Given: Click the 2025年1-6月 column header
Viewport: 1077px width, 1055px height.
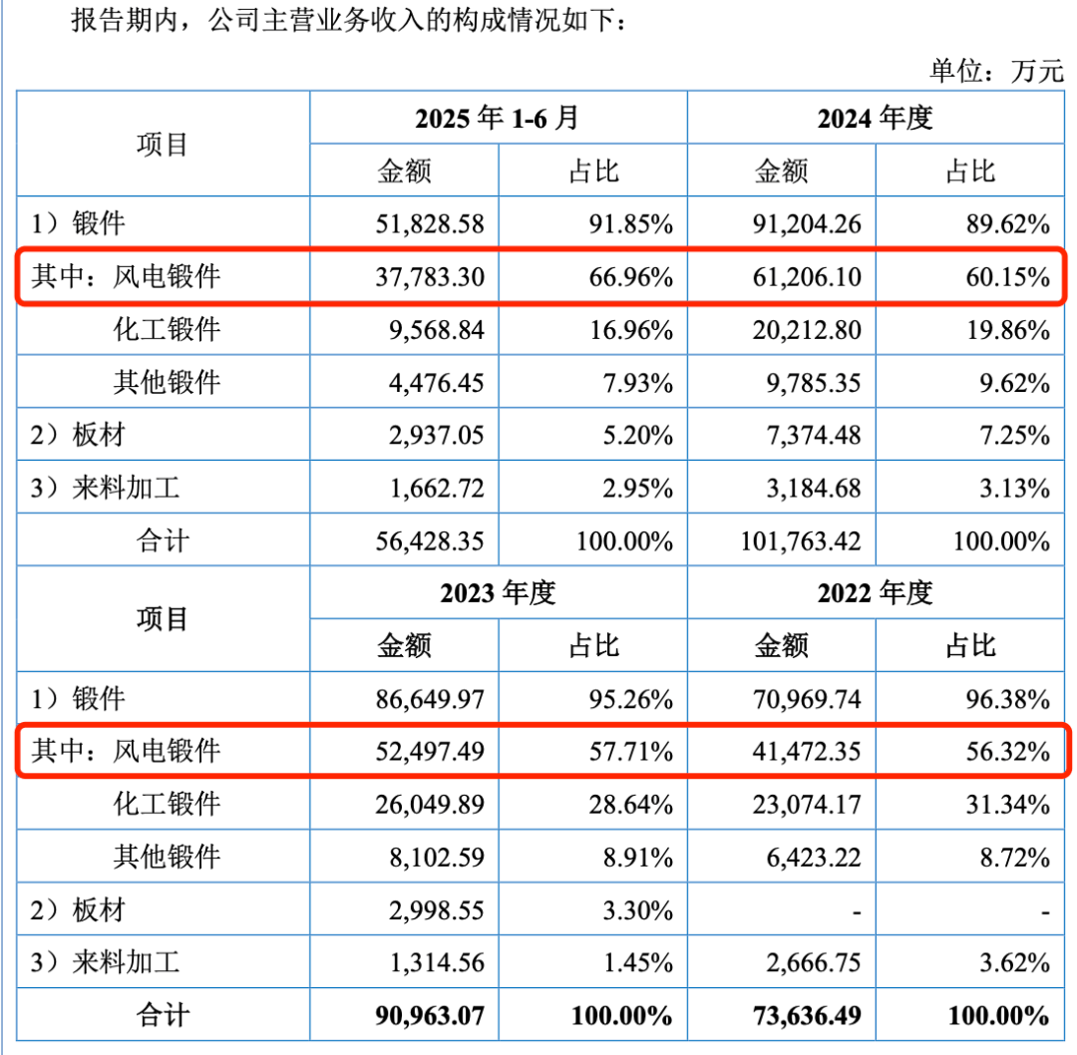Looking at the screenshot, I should [497, 118].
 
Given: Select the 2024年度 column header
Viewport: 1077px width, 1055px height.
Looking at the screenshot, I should [875, 118].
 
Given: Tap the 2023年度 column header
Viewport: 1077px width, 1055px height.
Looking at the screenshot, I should [497, 593].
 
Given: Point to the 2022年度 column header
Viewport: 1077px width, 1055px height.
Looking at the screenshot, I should [875, 593].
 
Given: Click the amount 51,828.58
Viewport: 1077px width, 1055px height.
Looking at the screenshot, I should [430, 223].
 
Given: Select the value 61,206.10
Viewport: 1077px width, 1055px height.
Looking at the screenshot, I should [806, 276].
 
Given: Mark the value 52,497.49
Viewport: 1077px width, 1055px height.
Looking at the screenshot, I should [430, 751].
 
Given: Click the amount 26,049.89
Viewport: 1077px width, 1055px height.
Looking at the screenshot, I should [430, 804].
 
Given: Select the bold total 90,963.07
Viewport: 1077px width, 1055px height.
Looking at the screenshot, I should [430, 1016].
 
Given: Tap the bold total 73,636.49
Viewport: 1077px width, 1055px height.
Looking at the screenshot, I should [806, 1016].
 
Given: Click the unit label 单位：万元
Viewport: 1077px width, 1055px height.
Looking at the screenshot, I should [997, 70].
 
